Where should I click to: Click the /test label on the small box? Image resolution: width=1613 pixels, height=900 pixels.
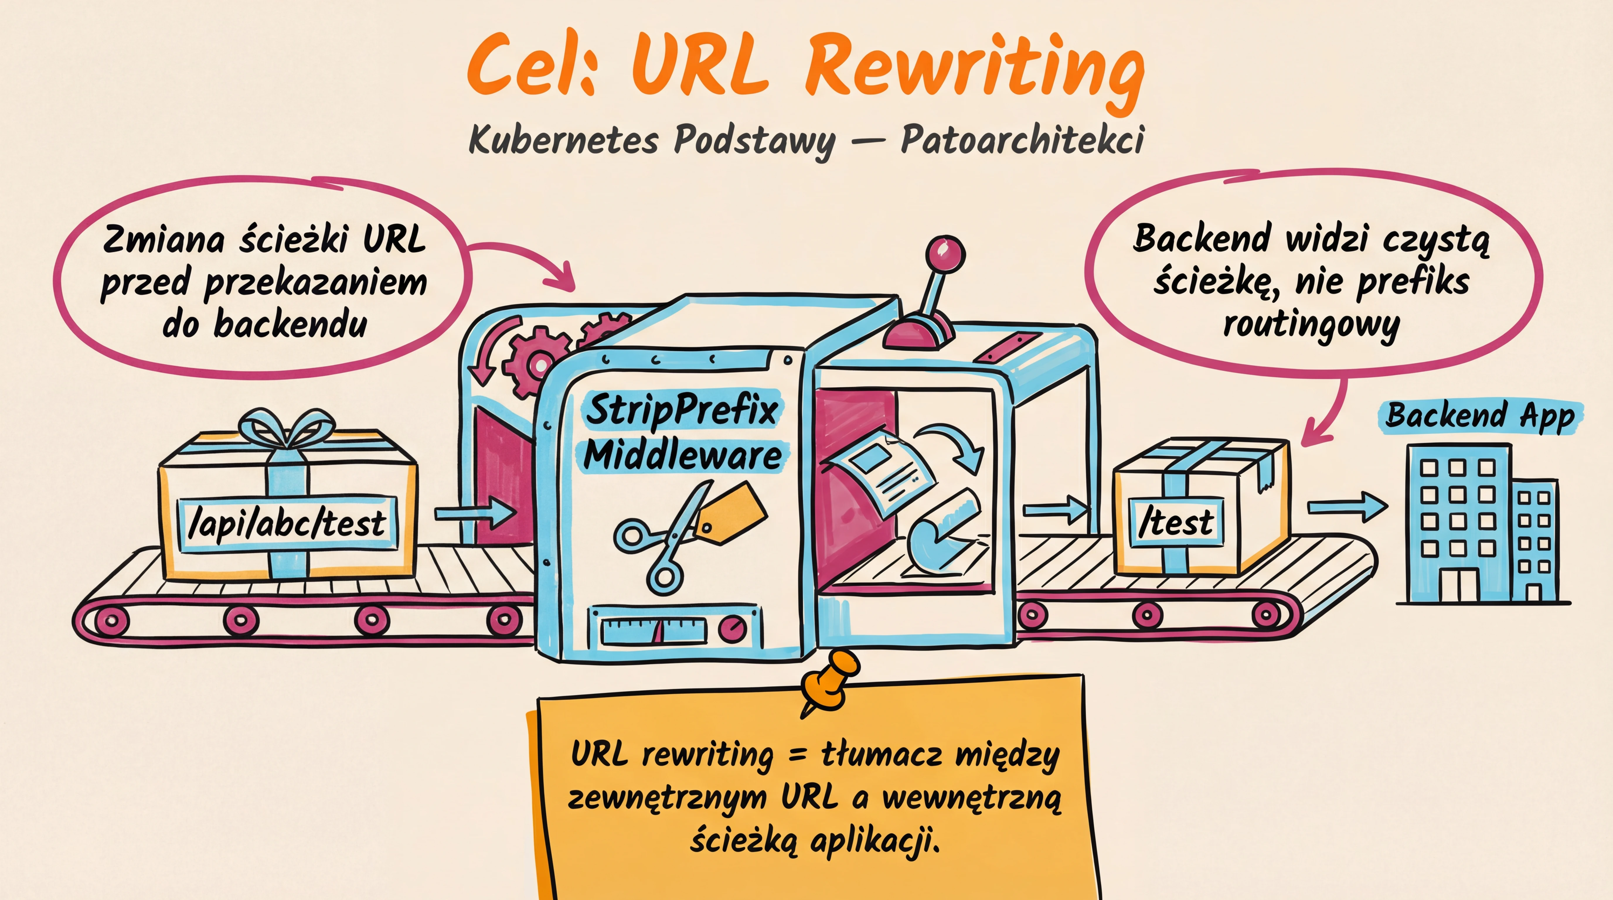[1176, 523]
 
